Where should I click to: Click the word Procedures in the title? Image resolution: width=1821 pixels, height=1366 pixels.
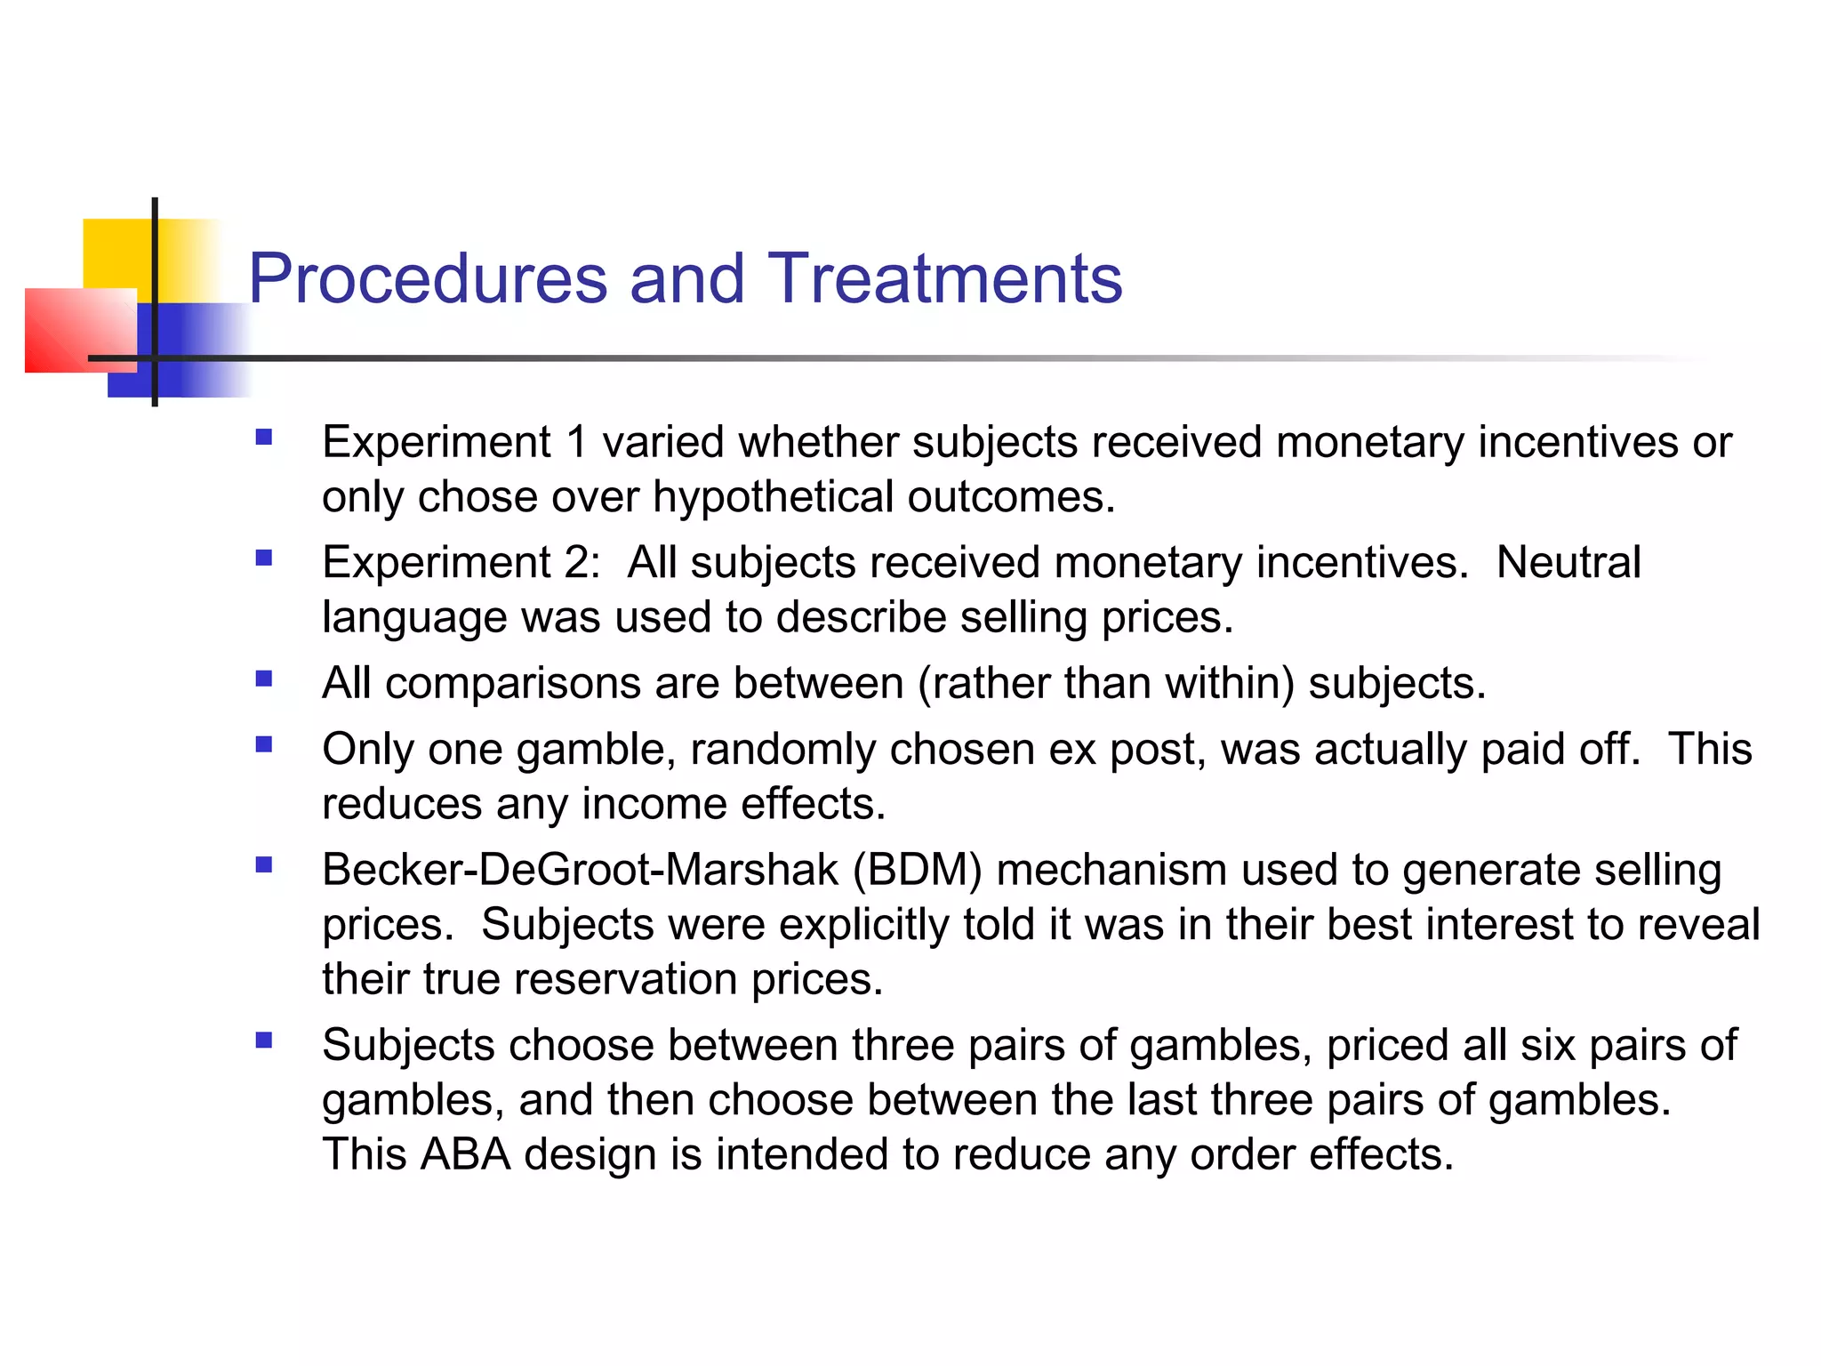(x=429, y=278)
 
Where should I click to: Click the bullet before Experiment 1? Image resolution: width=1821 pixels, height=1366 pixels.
(x=263, y=438)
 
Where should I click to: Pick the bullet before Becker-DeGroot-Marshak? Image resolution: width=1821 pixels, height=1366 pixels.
(x=263, y=864)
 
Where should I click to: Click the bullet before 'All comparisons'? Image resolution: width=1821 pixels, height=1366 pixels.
(x=263, y=679)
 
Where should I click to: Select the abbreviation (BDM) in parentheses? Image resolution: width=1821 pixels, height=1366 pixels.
(x=917, y=870)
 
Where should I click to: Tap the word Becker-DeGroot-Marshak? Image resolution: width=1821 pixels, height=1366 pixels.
(x=580, y=870)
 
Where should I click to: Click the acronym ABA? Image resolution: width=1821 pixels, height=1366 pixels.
(x=465, y=1154)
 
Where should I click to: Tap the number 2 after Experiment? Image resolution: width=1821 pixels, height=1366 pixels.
(x=577, y=562)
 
